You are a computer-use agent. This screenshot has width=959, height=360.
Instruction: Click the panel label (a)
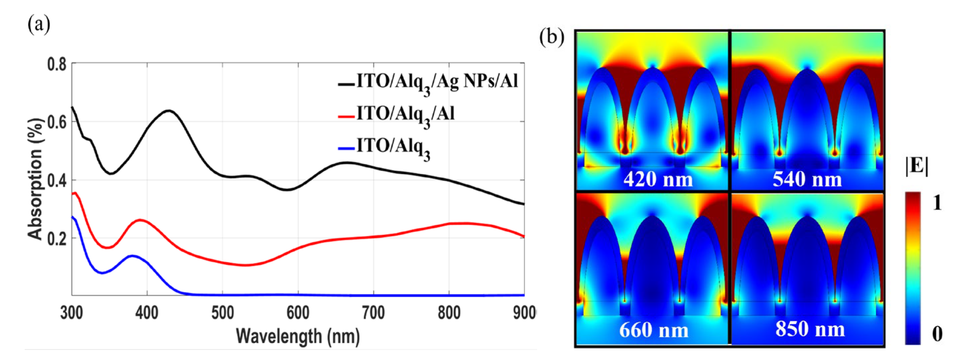click(x=39, y=25)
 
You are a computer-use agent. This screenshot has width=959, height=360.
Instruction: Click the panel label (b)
click(x=552, y=38)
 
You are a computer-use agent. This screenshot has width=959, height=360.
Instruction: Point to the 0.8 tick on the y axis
click(x=57, y=64)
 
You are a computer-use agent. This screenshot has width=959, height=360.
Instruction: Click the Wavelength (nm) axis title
click(x=298, y=336)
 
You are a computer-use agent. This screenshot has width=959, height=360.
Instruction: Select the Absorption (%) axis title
click(x=35, y=179)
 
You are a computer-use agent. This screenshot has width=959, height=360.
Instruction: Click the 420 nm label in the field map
click(x=658, y=180)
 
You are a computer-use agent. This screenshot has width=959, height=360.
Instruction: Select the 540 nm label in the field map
click(x=807, y=180)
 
